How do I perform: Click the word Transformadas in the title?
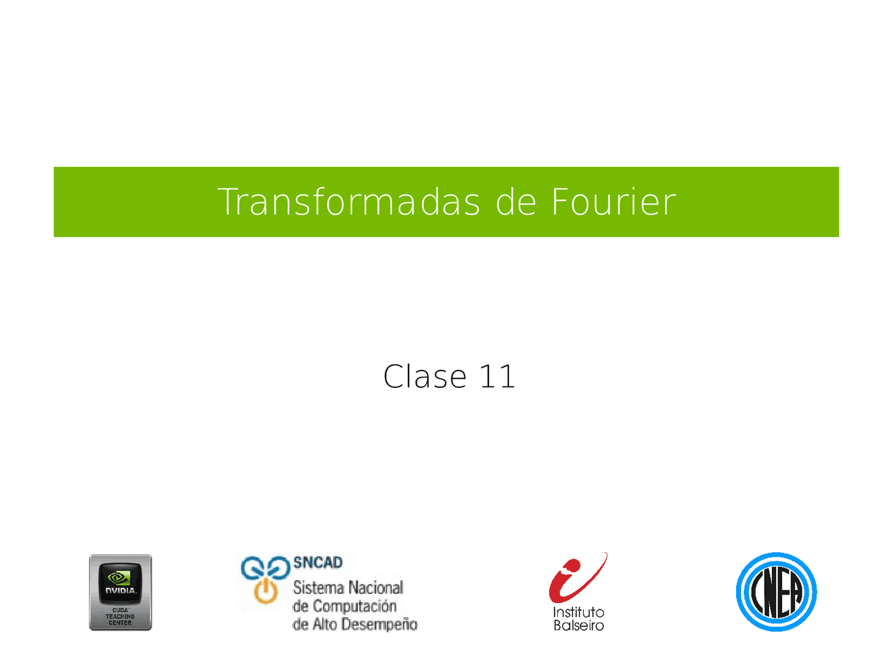click(x=349, y=202)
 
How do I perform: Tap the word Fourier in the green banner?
click(x=613, y=202)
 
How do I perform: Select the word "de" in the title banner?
click(x=515, y=202)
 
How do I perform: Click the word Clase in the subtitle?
click(x=425, y=377)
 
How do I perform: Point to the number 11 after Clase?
click(x=497, y=377)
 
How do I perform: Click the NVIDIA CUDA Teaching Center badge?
click(x=120, y=593)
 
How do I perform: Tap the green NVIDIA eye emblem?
click(x=120, y=577)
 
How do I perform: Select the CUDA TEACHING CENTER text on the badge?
click(x=120, y=617)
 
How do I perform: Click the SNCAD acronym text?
click(x=318, y=563)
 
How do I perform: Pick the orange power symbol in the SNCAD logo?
click(x=266, y=591)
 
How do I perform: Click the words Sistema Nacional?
click(x=348, y=588)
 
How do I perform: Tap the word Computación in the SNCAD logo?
click(x=354, y=606)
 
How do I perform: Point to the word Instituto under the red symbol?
click(x=578, y=613)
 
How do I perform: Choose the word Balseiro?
click(x=578, y=626)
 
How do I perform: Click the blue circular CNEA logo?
click(x=776, y=592)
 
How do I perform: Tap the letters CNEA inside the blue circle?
click(x=776, y=593)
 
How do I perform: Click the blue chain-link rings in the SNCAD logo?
click(x=265, y=568)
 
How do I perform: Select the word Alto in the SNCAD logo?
click(x=324, y=625)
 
